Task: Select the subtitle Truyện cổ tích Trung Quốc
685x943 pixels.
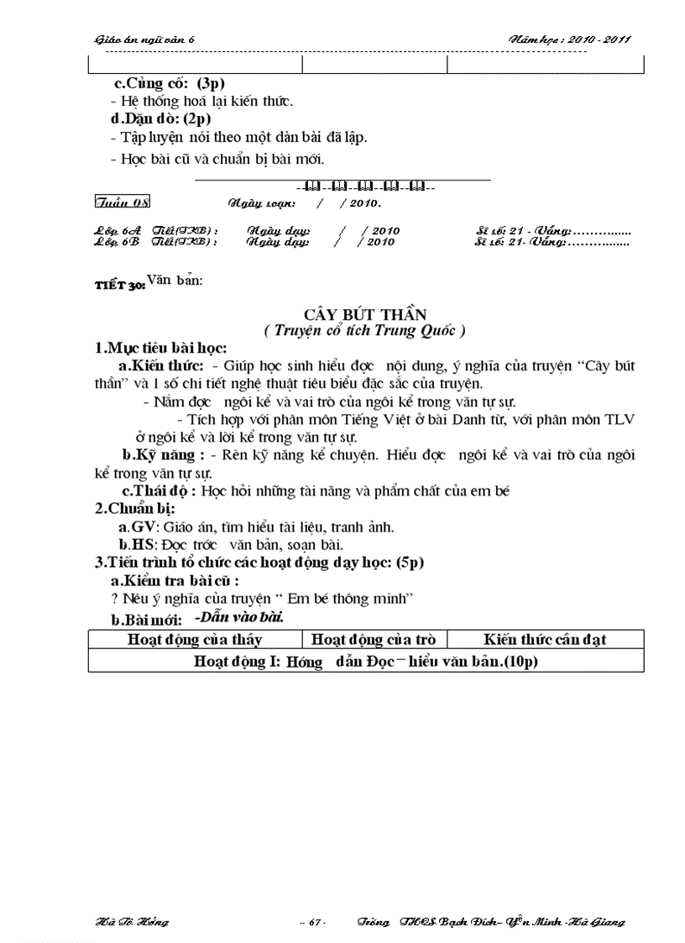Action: tap(364, 331)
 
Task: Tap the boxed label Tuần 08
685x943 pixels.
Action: tap(123, 202)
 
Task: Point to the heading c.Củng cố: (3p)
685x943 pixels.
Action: tap(170, 84)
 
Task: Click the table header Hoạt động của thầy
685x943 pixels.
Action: tap(195, 640)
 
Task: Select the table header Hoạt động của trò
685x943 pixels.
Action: tap(374, 640)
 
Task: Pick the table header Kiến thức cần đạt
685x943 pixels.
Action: tap(545, 640)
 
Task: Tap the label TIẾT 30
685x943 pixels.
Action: tap(120, 286)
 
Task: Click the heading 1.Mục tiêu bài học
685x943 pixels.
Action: tap(159, 348)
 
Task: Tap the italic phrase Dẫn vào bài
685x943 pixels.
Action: tap(238, 617)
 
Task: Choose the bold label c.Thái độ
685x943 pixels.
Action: tap(159, 491)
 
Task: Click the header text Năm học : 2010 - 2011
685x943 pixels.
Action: tap(570, 39)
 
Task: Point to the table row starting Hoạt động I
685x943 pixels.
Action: tap(365, 662)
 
